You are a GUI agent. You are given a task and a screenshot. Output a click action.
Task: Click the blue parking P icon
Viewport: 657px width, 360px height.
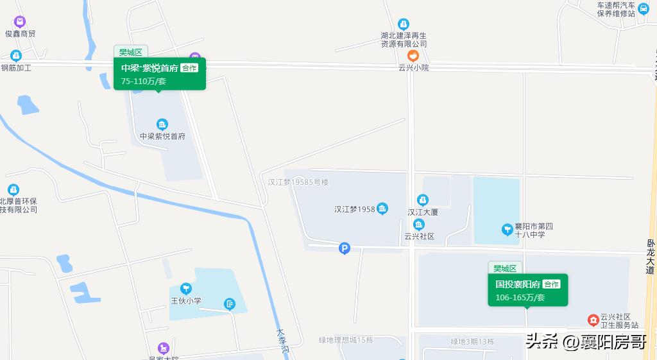click(345, 248)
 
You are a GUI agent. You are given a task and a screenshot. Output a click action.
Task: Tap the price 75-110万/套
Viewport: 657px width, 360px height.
click(144, 81)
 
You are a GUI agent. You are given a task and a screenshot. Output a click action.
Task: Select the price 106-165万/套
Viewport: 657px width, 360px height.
click(520, 297)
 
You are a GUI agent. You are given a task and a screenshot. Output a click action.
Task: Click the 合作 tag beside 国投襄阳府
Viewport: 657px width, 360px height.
click(551, 284)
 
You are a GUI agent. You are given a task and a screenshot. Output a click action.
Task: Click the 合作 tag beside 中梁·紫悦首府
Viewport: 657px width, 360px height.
click(189, 68)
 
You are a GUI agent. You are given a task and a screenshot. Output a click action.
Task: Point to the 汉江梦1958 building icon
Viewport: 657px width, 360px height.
click(382, 209)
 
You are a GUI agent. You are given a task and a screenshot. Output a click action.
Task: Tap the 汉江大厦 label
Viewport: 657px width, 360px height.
click(423, 212)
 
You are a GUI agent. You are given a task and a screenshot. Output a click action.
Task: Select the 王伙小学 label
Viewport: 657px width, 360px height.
click(185, 300)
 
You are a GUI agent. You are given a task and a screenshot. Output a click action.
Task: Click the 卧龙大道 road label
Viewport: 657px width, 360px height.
click(651, 257)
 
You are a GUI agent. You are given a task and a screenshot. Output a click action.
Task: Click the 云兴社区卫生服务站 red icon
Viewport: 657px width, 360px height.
click(593, 320)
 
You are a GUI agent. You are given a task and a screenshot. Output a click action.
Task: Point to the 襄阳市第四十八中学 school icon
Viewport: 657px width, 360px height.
click(506, 230)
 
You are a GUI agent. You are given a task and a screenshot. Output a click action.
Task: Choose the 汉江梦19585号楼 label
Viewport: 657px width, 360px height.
click(298, 182)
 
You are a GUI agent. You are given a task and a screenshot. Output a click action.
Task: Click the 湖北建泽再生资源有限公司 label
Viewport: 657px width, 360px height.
click(404, 39)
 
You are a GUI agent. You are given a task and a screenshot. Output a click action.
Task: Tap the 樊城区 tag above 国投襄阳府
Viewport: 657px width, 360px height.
click(506, 268)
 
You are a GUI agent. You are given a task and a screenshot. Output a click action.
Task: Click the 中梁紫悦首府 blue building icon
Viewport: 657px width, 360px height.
click(162, 124)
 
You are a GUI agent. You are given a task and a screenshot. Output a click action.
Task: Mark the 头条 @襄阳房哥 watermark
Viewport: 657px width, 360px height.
click(586, 341)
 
